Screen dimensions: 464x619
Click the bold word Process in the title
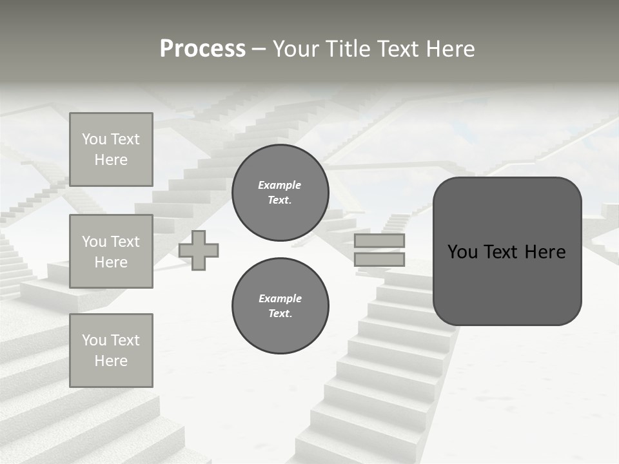pos(202,49)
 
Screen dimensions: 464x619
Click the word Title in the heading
pos(349,49)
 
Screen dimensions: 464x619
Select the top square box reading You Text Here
pos(111,150)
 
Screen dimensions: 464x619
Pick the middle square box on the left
pos(111,251)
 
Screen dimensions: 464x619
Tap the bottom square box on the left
pos(111,351)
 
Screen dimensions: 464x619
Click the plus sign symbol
pos(199,250)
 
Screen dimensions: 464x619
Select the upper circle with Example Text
pos(280,193)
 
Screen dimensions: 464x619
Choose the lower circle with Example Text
pos(280,306)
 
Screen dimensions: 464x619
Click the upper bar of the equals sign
pos(379,241)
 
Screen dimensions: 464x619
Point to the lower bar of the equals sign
pos(379,260)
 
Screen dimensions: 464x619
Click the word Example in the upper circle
pos(280,185)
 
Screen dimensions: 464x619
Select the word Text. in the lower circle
pos(280,314)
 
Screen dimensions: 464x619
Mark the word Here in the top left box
pos(111,160)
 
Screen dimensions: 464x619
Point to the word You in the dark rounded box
pos(463,252)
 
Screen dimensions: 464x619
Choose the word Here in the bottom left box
pos(111,361)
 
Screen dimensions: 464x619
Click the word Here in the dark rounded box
pos(545,252)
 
